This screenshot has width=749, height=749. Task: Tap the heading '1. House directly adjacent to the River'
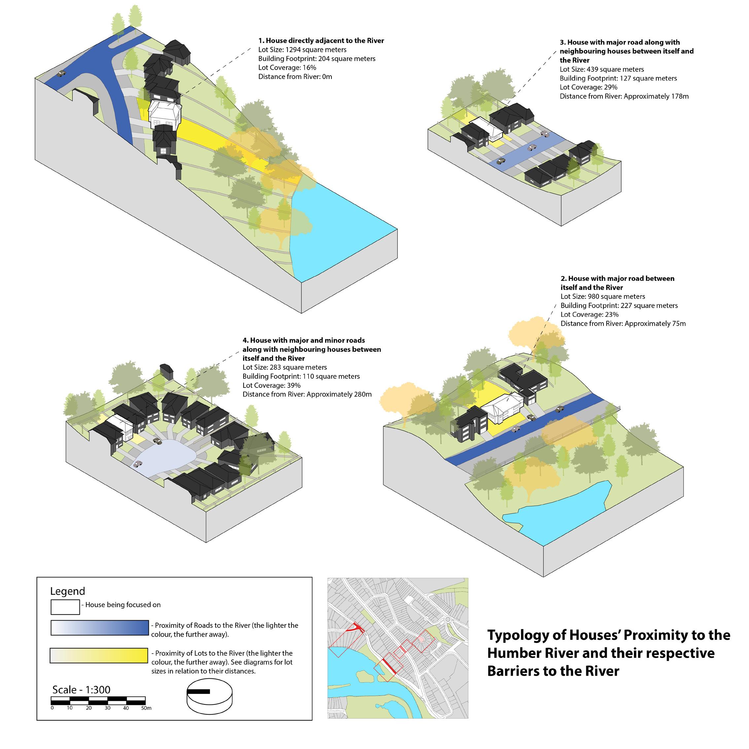[x=321, y=41]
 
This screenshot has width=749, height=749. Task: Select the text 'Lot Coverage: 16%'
[x=287, y=67]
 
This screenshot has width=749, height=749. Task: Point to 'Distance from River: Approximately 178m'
[x=624, y=96]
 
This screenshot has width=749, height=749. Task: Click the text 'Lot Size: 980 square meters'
[x=602, y=296]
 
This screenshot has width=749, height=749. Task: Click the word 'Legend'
[x=67, y=591]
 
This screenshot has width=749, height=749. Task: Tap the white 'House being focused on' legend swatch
[x=65, y=607]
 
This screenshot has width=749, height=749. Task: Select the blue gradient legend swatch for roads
[x=100, y=628]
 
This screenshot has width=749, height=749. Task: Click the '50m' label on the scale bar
[x=146, y=708]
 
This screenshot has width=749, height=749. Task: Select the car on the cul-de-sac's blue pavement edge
[x=137, y=464]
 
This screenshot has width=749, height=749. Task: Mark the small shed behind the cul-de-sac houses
[x=166, y=371]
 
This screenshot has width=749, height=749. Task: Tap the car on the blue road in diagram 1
[x=61, y=73]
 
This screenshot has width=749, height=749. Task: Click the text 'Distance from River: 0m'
[x=295, y=76]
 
